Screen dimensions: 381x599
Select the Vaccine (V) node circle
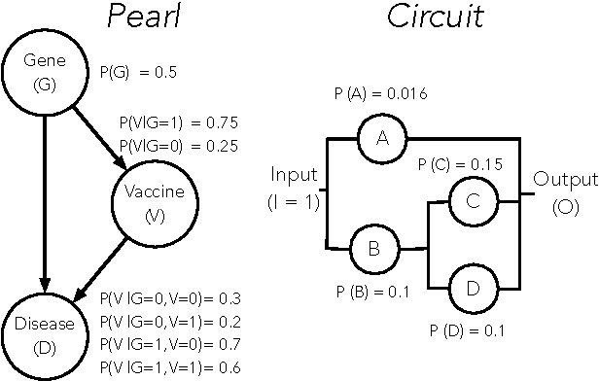coord(155,202)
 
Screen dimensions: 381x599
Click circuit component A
coord(381,141)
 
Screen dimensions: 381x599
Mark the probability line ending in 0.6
coord(170,366)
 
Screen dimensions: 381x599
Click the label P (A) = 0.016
coord(378,93)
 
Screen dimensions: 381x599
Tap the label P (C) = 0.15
coord(459,164)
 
